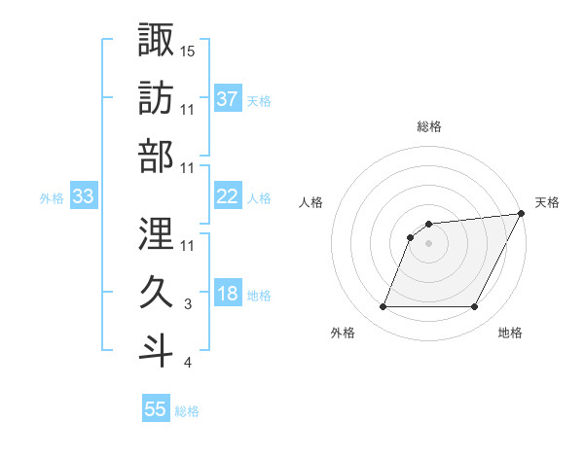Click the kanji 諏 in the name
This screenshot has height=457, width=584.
tap(156, 40)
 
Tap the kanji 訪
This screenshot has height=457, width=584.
tap(156, 99)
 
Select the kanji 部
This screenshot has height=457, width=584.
tap(156, 158)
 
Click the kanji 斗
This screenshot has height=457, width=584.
tap(156, 351)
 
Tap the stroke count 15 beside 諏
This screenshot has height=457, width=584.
tap(189, 50)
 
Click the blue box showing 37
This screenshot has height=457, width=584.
tap(228, 99)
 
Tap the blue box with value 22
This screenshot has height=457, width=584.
tap(228, 196)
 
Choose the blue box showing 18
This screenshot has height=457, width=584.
tap(228, 295)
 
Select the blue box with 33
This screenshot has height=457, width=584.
tap(83, 196)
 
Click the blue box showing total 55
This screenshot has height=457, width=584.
tap(156, 409)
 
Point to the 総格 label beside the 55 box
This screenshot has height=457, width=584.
tap(187, 411)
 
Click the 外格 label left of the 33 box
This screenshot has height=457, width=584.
tap(52, 198)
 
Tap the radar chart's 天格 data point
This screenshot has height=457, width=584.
tap(523, 214)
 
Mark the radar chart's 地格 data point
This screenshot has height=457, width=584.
tap(475, 307)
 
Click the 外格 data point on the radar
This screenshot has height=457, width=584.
tap(383, 307)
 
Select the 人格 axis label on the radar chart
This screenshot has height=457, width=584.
tap(310, 202)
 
